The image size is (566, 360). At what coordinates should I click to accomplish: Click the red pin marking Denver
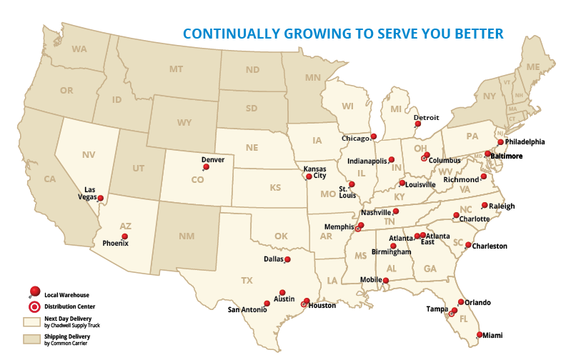tap(207, 167)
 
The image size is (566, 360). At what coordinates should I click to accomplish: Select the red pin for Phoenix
tap(125, 236)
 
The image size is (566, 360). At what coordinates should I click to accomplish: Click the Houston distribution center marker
tap(304, 303)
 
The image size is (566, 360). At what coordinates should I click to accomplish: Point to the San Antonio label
tap(247, 310)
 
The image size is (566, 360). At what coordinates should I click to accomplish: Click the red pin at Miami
tap(479, 334)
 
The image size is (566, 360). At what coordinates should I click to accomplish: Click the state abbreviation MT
tap(176, 69)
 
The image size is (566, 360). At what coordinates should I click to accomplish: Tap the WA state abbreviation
tap(79, 49)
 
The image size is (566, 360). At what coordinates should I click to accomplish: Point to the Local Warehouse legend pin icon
tap(34, 291)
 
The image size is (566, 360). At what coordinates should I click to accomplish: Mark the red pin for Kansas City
tap(309, 176)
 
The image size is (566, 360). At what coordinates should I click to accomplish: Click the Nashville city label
tap(376, 212)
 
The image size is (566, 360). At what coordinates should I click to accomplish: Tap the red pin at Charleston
tap(468, 245)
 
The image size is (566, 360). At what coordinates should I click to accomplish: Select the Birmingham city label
tap(391, 252)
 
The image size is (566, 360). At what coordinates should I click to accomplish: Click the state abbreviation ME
tap(532, 66)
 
